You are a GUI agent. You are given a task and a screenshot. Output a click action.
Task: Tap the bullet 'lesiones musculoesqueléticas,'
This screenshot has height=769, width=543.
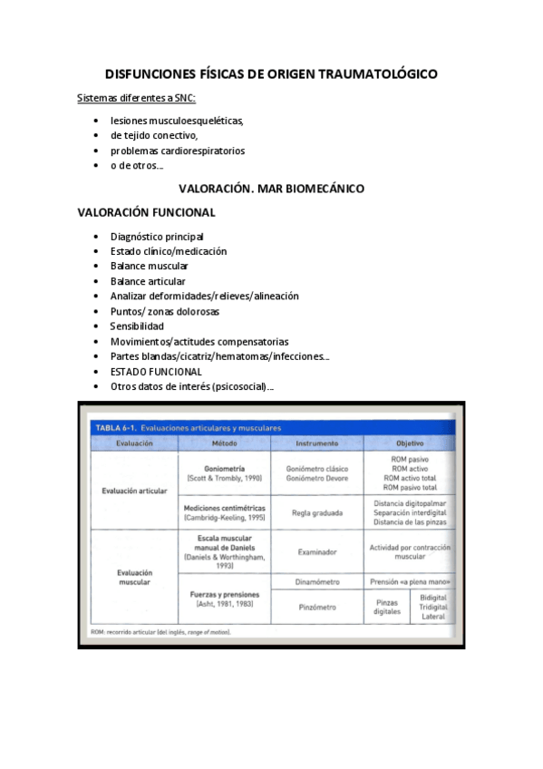pos(177,120)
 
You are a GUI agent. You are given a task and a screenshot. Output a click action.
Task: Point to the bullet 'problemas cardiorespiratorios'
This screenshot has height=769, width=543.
pos(178,151)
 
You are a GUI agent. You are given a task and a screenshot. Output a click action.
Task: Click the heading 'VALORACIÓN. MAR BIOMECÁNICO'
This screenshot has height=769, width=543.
pos(271,189)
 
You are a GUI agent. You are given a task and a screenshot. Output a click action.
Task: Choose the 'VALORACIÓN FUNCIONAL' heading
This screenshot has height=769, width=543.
pos(146,213)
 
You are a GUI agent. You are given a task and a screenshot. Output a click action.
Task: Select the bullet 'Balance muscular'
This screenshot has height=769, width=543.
pos(149,266)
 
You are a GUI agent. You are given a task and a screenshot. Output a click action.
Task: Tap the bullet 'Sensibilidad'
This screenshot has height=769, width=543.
pos(137,326)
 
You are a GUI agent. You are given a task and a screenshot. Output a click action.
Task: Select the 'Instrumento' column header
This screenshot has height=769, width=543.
pos(317,443)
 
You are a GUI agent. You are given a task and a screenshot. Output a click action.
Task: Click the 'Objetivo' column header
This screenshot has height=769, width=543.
pos(410,443)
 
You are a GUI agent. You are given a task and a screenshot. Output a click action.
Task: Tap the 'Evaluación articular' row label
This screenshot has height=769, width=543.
pos(133,491)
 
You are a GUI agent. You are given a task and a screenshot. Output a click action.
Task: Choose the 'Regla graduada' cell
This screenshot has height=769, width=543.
pos(317,512)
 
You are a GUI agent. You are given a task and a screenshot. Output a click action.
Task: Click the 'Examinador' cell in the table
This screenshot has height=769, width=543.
pos(317,551)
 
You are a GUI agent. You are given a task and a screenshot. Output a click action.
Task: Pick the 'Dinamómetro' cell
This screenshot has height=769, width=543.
pos(317,580)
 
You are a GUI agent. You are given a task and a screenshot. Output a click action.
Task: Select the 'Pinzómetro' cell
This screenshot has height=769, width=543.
pos(317,605)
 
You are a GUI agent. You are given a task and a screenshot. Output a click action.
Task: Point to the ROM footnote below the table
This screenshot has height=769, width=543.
pos(160,631)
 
